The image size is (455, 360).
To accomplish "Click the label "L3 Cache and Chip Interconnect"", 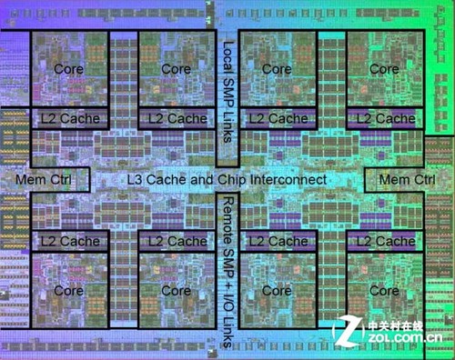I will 227,180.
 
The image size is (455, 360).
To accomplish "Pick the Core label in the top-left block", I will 69,69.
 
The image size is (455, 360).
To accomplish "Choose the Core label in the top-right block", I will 384,69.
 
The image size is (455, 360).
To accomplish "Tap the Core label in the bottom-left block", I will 69,291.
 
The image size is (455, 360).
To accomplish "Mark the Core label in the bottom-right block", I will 384,291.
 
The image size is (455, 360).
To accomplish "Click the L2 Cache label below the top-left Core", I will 69,119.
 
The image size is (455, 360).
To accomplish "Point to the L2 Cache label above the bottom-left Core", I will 69,241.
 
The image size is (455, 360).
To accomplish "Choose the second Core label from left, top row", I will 176,69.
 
